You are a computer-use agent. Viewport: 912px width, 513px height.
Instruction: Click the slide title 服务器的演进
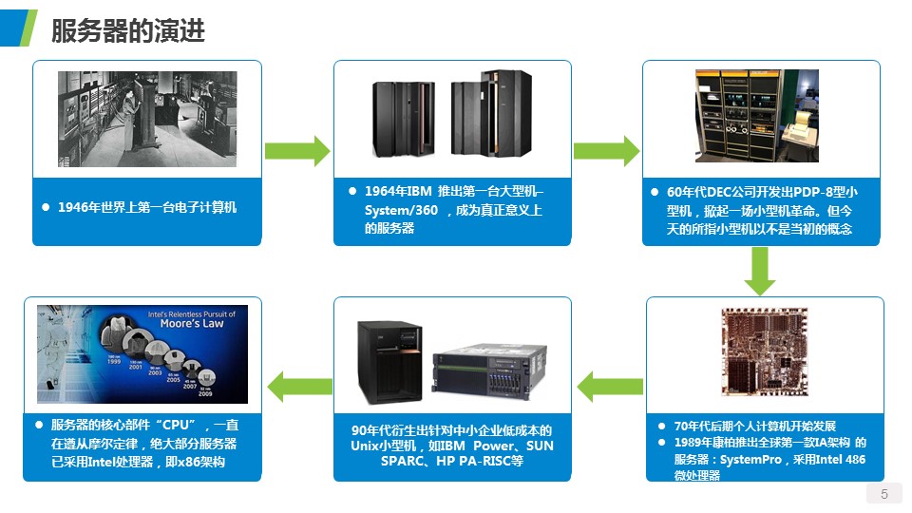[127, 30]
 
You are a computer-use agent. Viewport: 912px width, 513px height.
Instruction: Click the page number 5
[884, 494]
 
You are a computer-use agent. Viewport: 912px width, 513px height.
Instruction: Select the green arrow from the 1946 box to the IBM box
[296, 150]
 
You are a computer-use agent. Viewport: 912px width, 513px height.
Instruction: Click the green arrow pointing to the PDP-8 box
[606, 150]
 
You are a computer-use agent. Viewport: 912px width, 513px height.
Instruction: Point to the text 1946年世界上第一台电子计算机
[146, 207]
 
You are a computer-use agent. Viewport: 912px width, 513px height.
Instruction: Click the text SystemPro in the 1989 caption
[754, 460]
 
